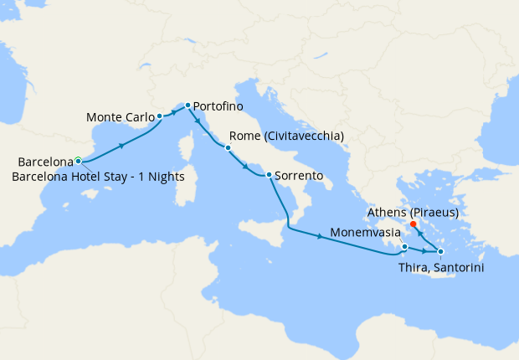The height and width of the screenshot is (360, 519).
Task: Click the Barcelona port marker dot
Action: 78,160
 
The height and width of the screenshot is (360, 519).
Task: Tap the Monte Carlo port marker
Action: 159,116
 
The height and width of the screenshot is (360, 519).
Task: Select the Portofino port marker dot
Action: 188,105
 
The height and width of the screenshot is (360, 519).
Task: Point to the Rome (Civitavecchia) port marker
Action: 227,147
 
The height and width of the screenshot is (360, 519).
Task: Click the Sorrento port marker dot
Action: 268,175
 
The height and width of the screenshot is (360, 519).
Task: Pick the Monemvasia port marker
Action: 404,247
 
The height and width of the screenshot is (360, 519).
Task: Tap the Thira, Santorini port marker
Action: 441,251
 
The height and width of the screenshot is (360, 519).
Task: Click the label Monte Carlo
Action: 119,117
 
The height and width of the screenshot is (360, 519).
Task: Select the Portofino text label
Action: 222,106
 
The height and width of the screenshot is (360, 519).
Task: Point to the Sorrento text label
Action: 300,177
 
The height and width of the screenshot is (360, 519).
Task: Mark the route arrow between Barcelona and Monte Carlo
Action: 123,145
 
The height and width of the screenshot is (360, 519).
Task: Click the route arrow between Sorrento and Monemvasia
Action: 321,236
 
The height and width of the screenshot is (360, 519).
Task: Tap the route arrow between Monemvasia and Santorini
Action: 425,251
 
